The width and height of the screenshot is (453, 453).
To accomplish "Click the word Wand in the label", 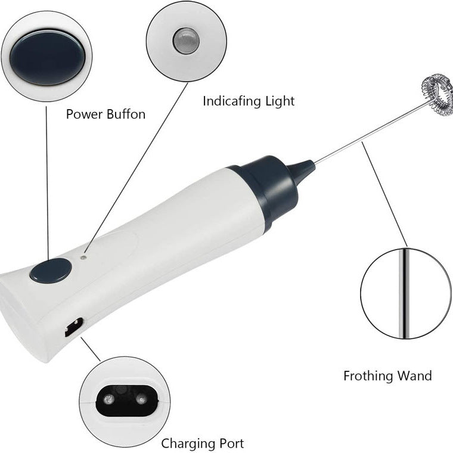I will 416,376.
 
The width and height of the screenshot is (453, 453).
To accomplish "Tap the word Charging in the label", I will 188,443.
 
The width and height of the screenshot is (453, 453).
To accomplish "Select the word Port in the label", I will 231,443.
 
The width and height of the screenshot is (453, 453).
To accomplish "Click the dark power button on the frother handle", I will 51,271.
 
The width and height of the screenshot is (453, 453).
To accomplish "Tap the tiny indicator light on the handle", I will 83,257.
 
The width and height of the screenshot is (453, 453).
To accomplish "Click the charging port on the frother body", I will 73,327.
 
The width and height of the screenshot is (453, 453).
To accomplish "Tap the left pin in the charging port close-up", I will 110,399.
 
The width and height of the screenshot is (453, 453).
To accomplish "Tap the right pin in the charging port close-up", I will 141,399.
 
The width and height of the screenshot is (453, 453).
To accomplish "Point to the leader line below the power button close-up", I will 47,179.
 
